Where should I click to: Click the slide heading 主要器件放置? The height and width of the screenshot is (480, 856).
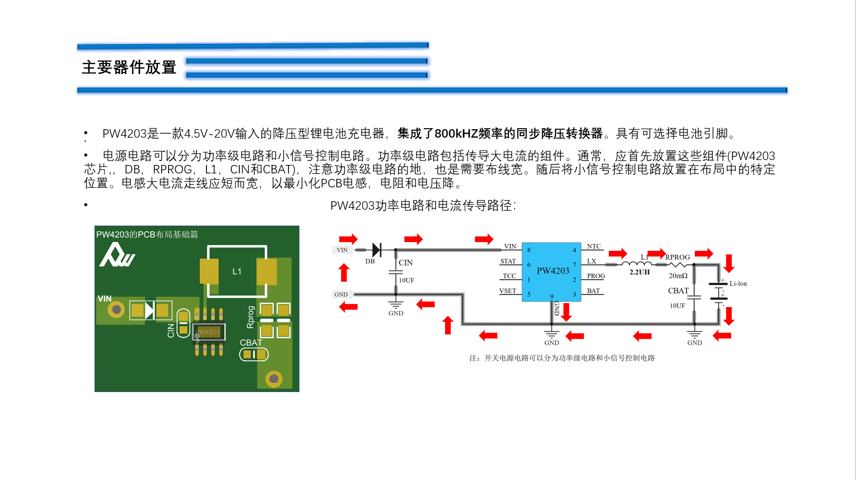[129, 67]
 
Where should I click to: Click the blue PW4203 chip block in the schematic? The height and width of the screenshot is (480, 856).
[552, 272]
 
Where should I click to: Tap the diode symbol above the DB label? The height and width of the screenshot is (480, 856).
[377, 249]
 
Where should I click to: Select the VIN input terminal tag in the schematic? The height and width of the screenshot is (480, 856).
[342, 250]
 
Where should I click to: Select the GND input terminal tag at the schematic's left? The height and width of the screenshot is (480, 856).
[341, 295]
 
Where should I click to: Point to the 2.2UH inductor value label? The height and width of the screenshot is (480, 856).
[640, 272]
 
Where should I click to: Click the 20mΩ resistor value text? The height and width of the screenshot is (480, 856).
[678, 276]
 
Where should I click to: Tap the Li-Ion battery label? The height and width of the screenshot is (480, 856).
[738, 284]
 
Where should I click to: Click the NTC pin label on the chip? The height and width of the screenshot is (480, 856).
[594, 246]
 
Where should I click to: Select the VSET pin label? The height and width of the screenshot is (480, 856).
[508, 291]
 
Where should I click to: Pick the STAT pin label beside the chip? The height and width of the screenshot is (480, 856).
[508, 261]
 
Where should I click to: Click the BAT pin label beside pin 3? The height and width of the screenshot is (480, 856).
[593, 291]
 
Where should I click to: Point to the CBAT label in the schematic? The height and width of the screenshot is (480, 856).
[678, 291]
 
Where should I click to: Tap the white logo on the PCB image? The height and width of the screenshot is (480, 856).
[117, 255]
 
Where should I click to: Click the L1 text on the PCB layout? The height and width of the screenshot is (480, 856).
[237, 271]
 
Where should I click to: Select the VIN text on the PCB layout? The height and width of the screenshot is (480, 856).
[104, 299]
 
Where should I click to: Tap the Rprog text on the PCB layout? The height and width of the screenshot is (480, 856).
[251, 317]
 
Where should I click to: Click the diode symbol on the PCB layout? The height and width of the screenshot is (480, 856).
[150, 311]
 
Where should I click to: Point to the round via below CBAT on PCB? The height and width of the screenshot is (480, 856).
[274, 379]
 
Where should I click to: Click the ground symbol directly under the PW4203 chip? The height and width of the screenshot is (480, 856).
[552, 334]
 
